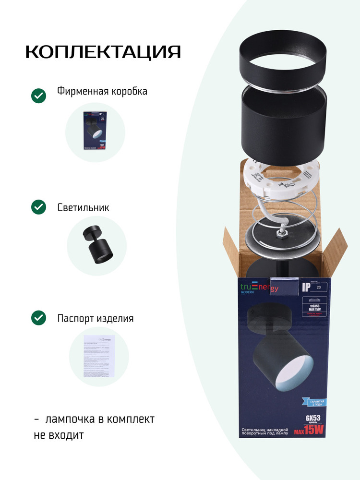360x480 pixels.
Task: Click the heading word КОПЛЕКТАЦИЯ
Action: coord(103,52)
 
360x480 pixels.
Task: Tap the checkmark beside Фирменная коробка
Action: coord(38,96)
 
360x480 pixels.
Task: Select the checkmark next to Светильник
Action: coord(38,207)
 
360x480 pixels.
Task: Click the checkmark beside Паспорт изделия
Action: coord(38,318)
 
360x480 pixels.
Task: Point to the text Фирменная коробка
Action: coord(102,91)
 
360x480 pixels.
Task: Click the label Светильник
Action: coord(83,208)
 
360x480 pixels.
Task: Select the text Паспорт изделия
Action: coord(95,318)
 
